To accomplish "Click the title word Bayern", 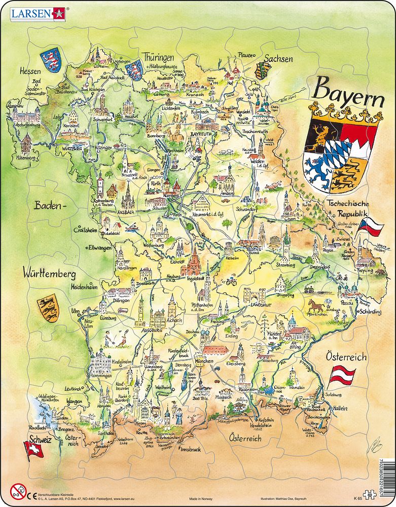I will pyautogui.click(x=348, y=91).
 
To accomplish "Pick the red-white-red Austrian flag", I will pyautogui.click(x=342, y=376).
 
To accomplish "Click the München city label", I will pyautogui.click(x=204, y=361).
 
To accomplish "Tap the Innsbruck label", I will pyautogui.click(x=192, y=449).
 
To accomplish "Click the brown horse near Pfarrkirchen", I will pyautogui.click(x=315, y=305).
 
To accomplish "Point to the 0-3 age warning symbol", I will pyautogui.click(x=17, y=491).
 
